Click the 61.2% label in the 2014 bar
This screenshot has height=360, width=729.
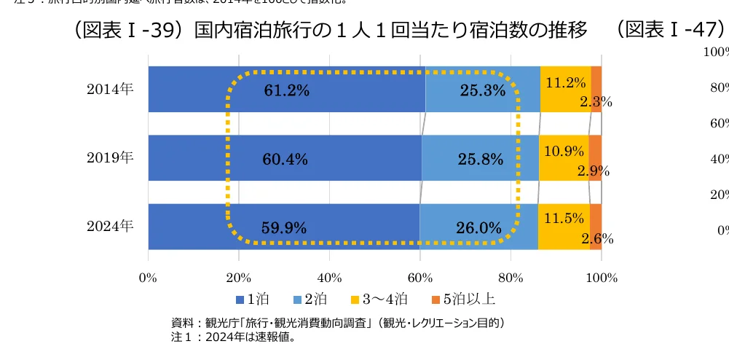click(286, 90)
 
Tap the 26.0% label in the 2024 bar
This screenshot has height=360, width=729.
click(479, 228)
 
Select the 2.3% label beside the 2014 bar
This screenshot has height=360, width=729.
click(596, 103)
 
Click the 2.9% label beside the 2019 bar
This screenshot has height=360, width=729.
click(594, 172)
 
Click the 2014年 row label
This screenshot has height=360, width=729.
click(110, 89)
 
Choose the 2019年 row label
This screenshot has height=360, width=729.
click(110, 157)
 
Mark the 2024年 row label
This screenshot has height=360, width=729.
click(110, 226)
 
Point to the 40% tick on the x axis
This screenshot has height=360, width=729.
click(329, 278)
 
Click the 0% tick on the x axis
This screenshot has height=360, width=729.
click(148, 278)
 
